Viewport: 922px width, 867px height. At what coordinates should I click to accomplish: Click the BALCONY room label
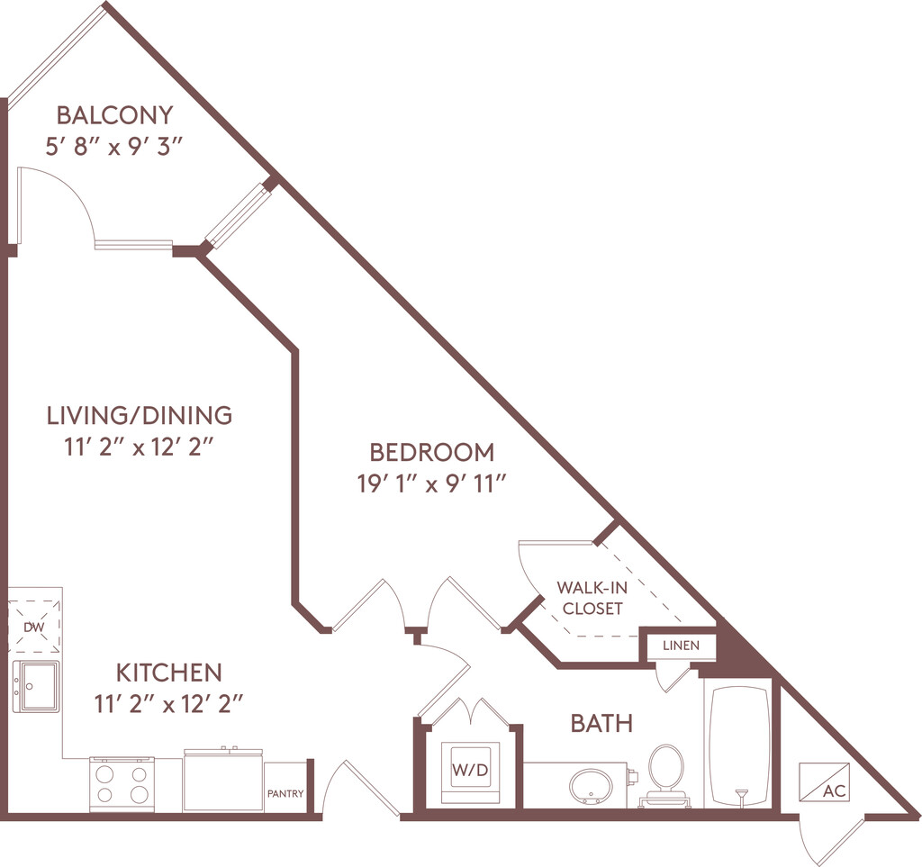[114, 114]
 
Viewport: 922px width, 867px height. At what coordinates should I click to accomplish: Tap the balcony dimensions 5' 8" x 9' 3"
[115, 147]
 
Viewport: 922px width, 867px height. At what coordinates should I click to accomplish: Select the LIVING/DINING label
[140, 415]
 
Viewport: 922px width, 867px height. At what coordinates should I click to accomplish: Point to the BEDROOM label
[432, 452]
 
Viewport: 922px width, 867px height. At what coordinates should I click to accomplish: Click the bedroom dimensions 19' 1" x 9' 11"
[432, 484]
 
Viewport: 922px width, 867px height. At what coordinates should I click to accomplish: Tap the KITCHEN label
[168, 672]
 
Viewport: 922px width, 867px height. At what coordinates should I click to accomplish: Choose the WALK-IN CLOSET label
[592, 598]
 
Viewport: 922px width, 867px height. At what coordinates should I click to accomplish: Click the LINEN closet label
[681, 646]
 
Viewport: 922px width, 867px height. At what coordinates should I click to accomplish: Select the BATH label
[601, 723]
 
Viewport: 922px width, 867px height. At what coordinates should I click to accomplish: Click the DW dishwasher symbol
[34, 627]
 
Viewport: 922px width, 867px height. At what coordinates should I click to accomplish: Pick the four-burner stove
[122, 785]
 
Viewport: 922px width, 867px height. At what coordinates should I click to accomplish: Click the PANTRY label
[285, 793]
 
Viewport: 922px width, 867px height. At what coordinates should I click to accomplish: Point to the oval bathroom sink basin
[591, 787]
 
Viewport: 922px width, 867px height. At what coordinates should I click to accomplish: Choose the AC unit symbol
[825, 781]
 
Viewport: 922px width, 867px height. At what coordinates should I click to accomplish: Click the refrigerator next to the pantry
[223, 780]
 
